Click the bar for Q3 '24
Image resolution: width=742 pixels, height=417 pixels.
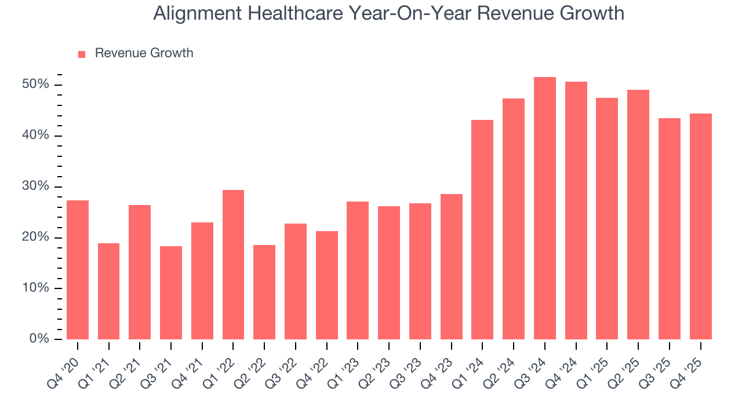click(x=544, y=209)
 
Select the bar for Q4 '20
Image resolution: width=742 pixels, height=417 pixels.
click(x=78, y=270)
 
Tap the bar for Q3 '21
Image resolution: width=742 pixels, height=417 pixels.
click(x=171, y=292)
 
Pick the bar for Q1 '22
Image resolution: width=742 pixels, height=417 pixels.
click(x=233, y=265)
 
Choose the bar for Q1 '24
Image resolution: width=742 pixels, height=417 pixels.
click(x=482, y=229)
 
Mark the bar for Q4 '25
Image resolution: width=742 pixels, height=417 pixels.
click(x=700, y=226)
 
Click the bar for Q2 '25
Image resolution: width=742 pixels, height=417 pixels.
click(x=638, y=214)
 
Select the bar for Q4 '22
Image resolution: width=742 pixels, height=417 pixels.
click(x=327, y=285)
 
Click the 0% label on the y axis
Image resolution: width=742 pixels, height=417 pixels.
click(x=40, y=339)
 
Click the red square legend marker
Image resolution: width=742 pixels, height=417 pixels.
click(x=82, y=54)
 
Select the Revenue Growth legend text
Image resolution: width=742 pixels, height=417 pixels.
click(x=144, y=53)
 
